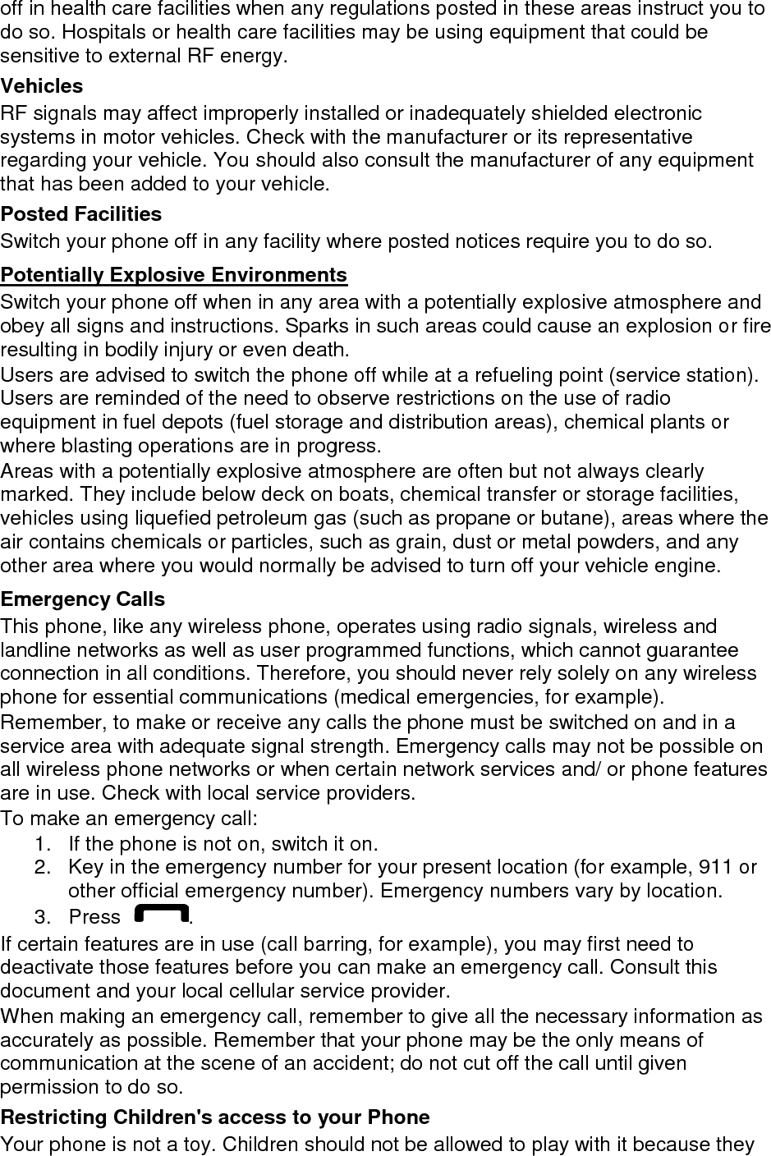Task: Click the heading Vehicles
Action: (42, 86)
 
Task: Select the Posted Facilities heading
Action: (81, 214)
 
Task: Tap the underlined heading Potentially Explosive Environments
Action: (174, 274)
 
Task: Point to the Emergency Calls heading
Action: (83, 599)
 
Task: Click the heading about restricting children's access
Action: (215, 1117)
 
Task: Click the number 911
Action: (715, 867)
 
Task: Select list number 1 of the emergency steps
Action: (42, 844)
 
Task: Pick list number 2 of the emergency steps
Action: (42, 867)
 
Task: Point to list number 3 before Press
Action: (42, 916)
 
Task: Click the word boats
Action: (370, 494)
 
